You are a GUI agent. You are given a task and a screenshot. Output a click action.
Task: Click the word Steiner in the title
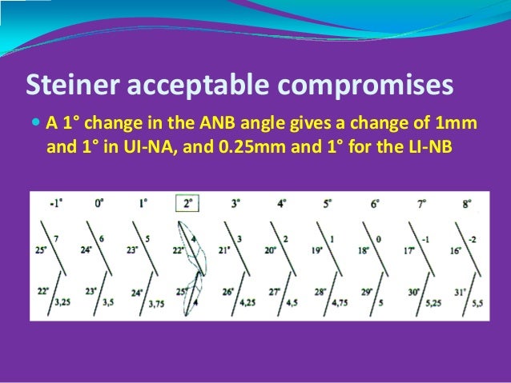pos(66,84)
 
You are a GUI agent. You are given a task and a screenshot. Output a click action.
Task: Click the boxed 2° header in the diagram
pos(187,203)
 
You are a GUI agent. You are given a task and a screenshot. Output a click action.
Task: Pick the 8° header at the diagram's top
pos(465,203)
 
